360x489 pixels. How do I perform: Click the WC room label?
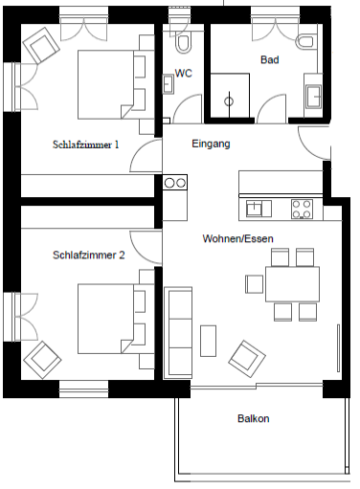pos(184,74)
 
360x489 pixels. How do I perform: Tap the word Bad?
pos(270,59)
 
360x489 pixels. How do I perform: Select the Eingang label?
pos(211,144)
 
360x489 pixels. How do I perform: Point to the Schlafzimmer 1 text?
pos(86,144)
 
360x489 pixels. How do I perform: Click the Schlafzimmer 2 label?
pos(89,256)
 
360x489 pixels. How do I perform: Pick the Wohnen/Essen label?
pos(237,238)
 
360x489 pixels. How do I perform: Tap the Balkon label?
pos(254,418)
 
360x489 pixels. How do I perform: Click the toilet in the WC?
pos(183,43)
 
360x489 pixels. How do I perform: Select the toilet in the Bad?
pos(305,42)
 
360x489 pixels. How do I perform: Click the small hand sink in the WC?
pos(168,84)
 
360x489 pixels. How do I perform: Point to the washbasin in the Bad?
pos(313,96)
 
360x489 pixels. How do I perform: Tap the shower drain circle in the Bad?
pos(229,101)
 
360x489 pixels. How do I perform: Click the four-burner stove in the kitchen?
pos(302,209)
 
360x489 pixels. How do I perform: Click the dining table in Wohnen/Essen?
pos(292,284)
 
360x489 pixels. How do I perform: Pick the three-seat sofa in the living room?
pos(178,333)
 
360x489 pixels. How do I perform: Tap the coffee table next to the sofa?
pos(208,341)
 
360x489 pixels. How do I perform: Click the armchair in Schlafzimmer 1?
pos(41,45)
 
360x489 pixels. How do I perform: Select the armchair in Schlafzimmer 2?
pos(42,360)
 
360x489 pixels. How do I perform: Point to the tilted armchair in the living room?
pos(247,359)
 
